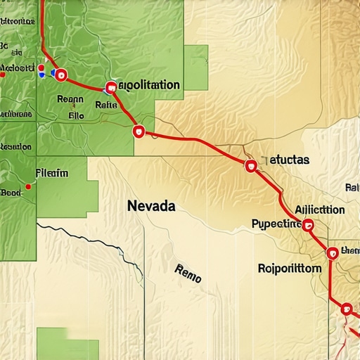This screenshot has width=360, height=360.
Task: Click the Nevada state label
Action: pyautogui.click(x=152, y=207)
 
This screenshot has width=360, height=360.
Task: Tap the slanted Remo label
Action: pyautogui.click(x=187, y=273)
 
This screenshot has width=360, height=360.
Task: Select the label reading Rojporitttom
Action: pyautogui.click(x=289, y=269)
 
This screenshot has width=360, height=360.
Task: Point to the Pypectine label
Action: pyautogui.click(x=276, y=224)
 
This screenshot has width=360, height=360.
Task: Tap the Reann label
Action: pyautogui.click(x=70, y=99)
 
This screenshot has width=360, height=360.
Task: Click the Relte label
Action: pyautogui.click(x=105, y=105)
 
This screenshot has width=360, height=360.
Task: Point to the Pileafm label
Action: pyautogui.click(x=51, y=172)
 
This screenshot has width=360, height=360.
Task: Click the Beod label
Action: pyautogui.click(x=11, y=191)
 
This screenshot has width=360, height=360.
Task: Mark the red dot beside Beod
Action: pyautogui.click(x=27, y=187)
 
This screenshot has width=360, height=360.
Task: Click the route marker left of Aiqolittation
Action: pyautogui.click(x=110, y=88)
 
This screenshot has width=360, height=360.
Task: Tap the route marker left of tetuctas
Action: pyautogui.click(x=250, y=166)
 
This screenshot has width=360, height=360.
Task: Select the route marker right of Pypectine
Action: pyautogui.click(x=307, y=225)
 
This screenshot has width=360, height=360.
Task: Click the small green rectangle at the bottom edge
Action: pyautogui.click(x=67, y=343)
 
